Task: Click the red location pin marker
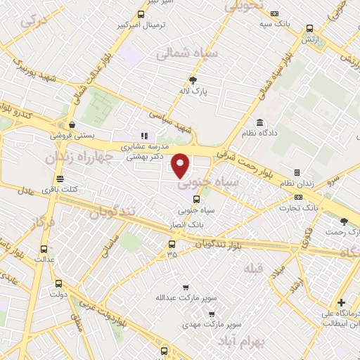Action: coord(181,165)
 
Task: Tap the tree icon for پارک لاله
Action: coord(194,80)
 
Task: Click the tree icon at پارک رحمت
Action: coord(343,222)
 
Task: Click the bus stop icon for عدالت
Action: coord(45,249)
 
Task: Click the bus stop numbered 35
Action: coord(172,245)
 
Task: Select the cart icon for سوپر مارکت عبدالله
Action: coord(186,287)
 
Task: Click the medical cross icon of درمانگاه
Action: coord(342,302)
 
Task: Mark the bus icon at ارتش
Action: coord(309,29)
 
